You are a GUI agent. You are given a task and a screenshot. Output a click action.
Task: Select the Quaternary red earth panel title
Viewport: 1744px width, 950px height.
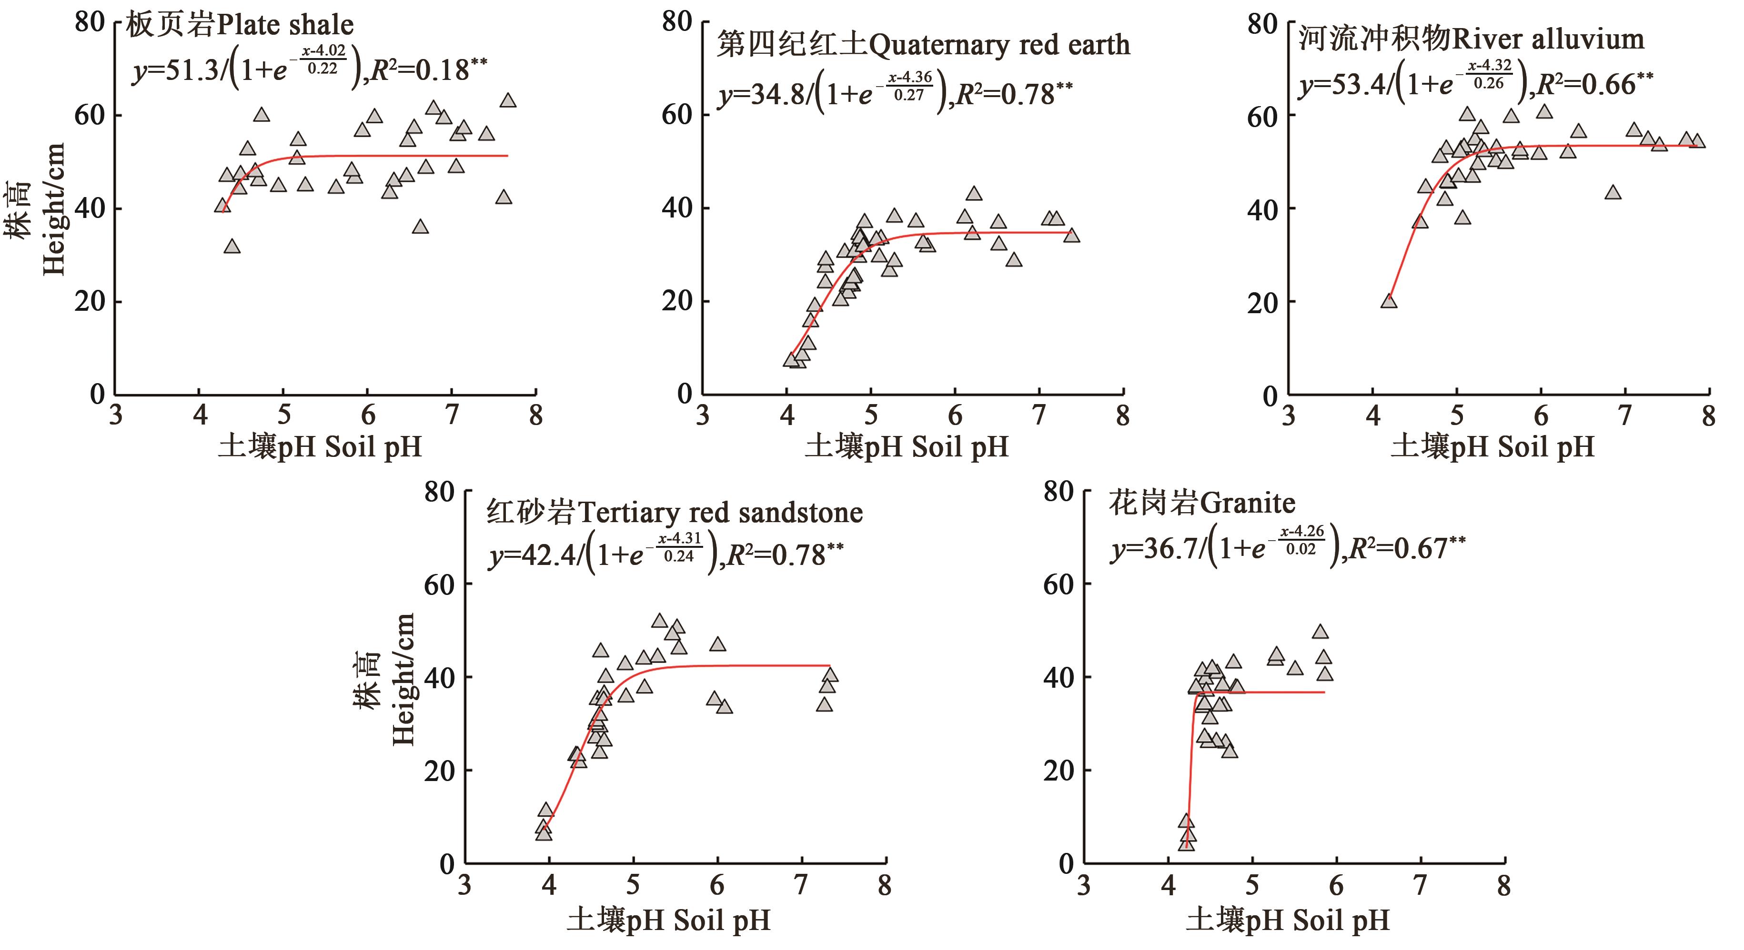tap(924, 45)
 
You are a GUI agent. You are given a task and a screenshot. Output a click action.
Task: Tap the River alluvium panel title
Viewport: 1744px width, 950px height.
tap(1471, 39)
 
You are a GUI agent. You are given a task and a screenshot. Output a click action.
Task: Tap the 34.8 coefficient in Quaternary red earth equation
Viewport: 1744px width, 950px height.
tap(778, 95)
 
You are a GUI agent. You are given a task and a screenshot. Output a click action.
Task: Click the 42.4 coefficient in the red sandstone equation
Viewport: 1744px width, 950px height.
tap(550, 555)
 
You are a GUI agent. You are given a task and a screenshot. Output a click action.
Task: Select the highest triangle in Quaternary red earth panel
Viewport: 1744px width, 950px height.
tap(974, 194)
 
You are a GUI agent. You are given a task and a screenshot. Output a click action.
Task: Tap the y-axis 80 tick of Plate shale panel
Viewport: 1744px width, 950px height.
tap(90, 22)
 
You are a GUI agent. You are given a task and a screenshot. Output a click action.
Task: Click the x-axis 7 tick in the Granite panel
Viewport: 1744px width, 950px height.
tap(1420, 885)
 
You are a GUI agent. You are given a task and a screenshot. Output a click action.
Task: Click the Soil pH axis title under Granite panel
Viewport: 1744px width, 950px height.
tap(1288, 920)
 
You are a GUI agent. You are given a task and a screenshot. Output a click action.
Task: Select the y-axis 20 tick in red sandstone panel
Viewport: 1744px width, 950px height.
tap(439, 771)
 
